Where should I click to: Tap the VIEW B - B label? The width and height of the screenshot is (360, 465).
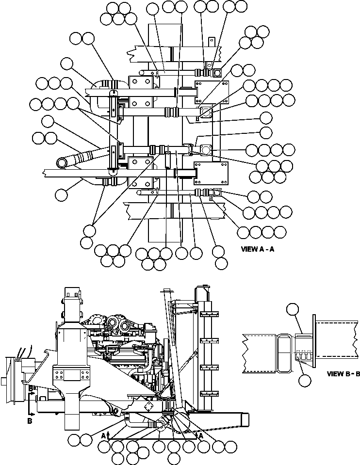343,374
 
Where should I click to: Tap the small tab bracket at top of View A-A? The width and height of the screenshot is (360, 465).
211,42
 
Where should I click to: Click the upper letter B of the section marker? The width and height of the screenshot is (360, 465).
30,389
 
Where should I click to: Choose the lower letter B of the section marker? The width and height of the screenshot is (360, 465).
30,422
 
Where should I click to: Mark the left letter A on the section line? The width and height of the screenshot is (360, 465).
103,436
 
